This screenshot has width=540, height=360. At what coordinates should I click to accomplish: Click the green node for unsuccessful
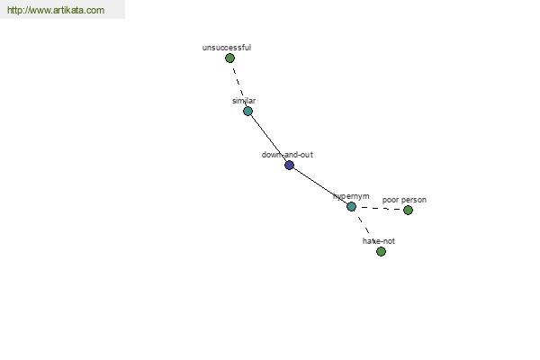click(229, 58)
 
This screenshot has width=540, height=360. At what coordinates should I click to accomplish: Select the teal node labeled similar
click(248, 112)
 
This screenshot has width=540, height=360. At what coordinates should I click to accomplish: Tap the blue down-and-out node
click(289, 166)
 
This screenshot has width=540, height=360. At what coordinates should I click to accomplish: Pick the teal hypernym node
click(351, 207)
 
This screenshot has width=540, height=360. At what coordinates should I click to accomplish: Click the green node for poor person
click(408, 210)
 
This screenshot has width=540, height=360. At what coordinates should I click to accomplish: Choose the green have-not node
click(381, 252)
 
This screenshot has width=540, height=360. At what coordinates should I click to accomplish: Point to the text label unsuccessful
click(227, 48)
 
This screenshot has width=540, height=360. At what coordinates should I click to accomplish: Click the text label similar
click(244, 101)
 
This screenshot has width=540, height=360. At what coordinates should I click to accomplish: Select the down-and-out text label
click(287, 155)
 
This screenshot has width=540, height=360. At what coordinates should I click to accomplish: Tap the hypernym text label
click(351, 196)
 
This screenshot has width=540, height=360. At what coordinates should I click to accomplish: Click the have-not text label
click(379, 241)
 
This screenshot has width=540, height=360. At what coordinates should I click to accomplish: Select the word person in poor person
click(414, 200)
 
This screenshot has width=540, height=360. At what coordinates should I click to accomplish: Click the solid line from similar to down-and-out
click(268, 138)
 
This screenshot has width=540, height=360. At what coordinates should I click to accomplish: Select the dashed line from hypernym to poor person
click(380, 209)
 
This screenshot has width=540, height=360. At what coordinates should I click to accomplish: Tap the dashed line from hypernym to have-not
click(364, 225)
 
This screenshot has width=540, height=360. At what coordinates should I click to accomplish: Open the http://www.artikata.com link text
click(56, 10)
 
